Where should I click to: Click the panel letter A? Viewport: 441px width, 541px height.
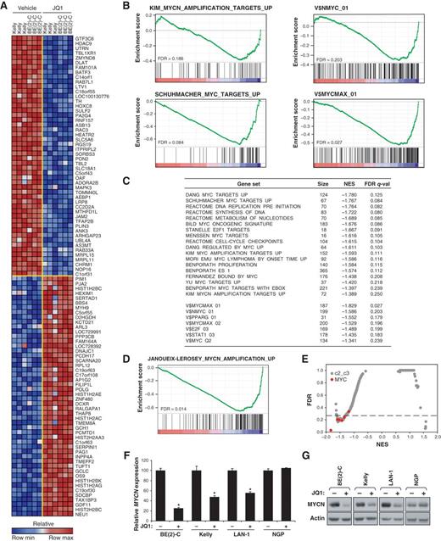(x=7, y=7)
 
